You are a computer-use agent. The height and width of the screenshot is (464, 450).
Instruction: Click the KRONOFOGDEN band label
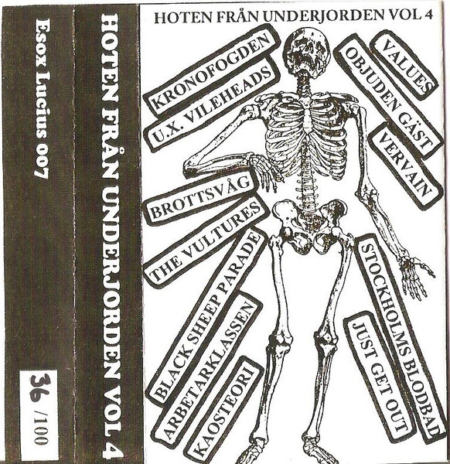213,70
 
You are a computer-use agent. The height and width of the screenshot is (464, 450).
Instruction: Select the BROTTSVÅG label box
200,197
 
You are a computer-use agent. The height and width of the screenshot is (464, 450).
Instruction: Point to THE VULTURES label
206,241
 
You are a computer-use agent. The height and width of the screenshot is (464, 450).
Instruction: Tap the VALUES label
404,67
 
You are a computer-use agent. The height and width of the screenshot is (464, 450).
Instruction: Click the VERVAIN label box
406,165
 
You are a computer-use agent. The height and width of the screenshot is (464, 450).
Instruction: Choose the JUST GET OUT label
380,375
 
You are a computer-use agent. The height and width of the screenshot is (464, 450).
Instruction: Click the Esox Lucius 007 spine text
43,98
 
